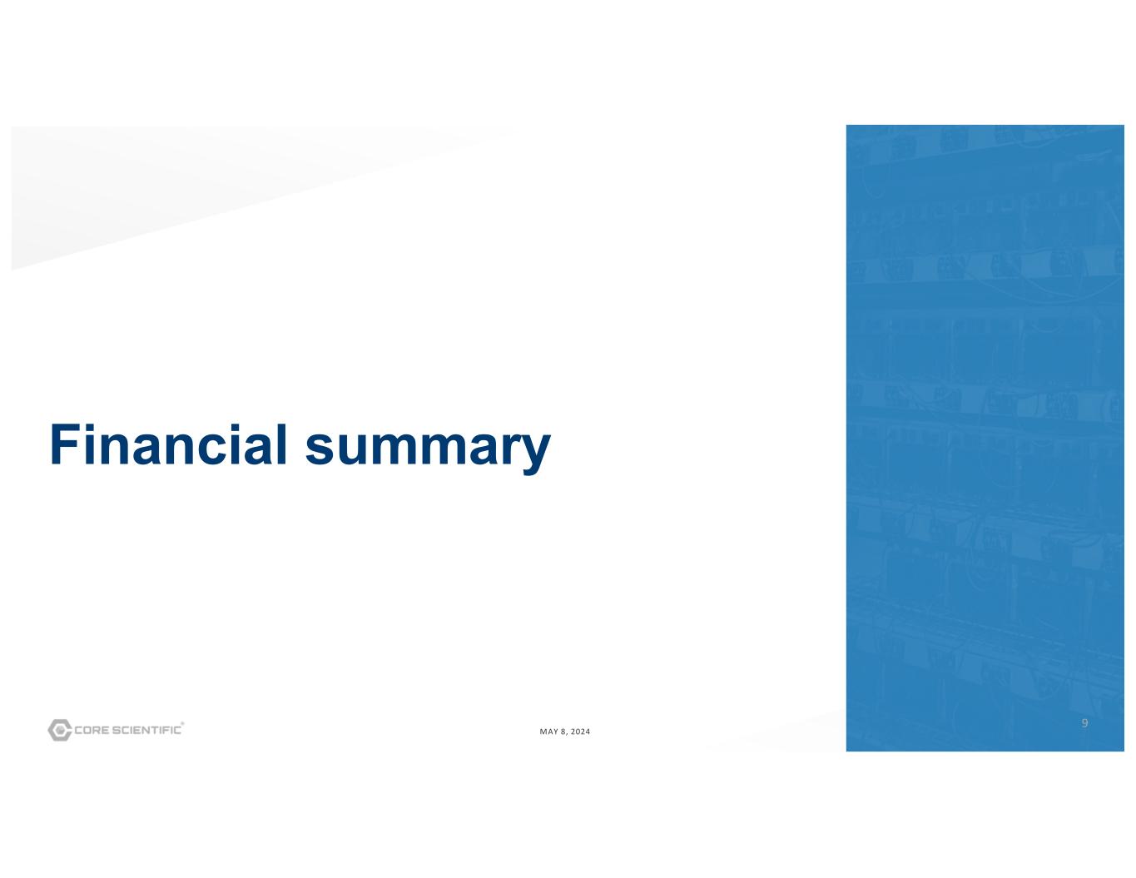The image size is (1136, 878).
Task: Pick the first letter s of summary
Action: (x=319, y=449)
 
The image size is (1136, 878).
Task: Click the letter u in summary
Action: (x=350, y=450)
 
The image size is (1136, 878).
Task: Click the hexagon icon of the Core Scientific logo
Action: (x=59, y=730)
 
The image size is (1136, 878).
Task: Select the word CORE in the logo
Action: (x=92, y=730)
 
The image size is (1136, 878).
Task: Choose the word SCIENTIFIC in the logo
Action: (x=147, y=730)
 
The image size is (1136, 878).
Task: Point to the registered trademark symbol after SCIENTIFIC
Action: (x=182, y=724)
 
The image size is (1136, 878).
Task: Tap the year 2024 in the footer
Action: (x=580, y=732)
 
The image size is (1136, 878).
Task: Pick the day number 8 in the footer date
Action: (x=563, y=732)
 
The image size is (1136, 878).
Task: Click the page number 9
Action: (x=1084, y=722)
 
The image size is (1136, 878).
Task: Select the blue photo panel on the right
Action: (x=985, y=438)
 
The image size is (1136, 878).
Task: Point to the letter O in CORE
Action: (x=88, y=730)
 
